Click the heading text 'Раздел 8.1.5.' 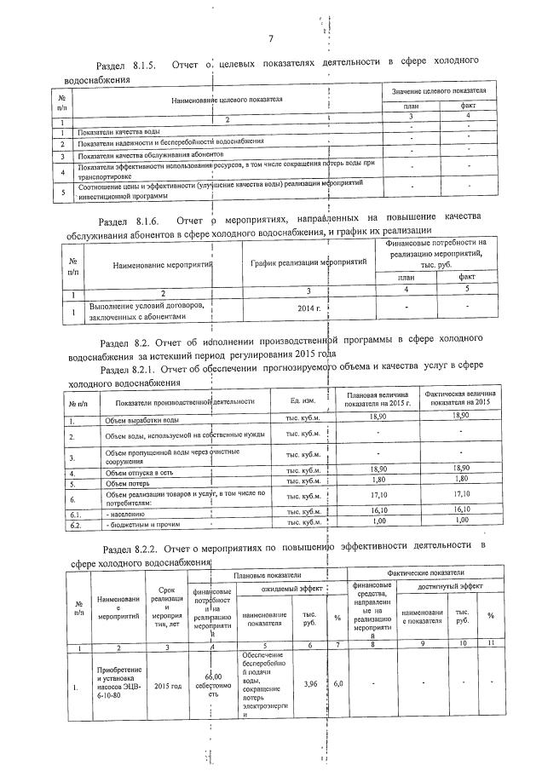click(x=125, y=65)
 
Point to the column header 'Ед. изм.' click(x=303, y=400)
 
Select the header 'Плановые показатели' click(x=269, y=575)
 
